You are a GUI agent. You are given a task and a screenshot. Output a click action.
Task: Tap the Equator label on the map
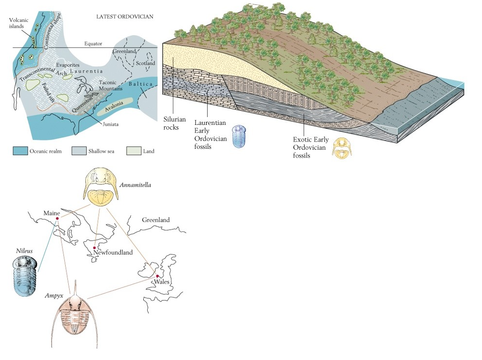[93, 43]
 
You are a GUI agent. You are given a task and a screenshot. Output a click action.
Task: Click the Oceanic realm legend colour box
[20, 151]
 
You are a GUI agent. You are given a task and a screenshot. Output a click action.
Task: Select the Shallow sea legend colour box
[79, 151]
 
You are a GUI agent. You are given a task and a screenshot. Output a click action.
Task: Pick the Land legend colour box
[133, 151]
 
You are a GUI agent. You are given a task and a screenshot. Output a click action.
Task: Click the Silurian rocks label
[174, 123]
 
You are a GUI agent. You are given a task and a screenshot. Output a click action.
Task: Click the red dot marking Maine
[57, 219]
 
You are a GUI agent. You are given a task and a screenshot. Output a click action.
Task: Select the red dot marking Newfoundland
[94, 248]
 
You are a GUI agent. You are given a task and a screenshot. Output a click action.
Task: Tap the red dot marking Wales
[157, 277]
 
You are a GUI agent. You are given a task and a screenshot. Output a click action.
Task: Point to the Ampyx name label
[54, 296]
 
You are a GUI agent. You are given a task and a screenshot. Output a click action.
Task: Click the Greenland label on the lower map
[155, 220]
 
